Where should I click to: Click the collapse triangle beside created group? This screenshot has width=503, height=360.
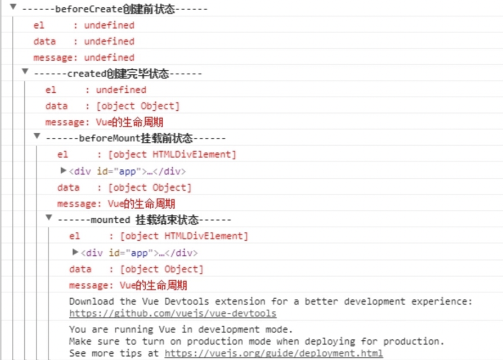click(x=25, y=71)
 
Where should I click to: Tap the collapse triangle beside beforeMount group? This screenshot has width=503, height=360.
click(x=37, y=136)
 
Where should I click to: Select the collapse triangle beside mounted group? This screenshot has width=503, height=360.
click(x=49, y=218)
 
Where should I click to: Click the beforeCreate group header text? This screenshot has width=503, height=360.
click(x=115, y=9)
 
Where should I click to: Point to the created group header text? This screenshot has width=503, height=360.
click(x=118, y=74)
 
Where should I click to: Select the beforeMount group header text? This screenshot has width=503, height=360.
click(x=136, y=138)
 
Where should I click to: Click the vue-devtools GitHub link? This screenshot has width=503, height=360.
click(x=173, y=313)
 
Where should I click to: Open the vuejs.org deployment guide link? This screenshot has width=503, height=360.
click(x=273, y=353)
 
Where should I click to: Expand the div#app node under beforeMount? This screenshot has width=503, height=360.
click(x=64, y=170)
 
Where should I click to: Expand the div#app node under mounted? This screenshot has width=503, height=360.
click(x=75, y=252)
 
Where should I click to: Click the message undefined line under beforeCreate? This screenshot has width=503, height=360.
click(x=84, y=57)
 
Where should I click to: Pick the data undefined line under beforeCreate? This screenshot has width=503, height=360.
click(x=84, y=41)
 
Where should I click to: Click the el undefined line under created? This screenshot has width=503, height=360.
click(x=96, y=90)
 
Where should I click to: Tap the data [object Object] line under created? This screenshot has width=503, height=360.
click(x=113, y=106)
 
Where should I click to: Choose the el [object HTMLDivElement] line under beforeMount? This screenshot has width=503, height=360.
click(x=146, y=155)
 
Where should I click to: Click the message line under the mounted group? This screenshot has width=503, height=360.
click(x=128, y=286)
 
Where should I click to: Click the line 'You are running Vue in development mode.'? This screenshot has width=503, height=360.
click(x=181, y=330)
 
